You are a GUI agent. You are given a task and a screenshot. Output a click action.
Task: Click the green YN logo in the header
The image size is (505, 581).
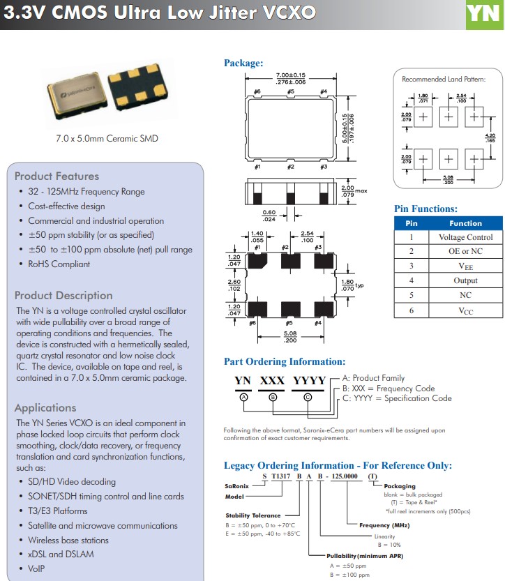coord(484,14)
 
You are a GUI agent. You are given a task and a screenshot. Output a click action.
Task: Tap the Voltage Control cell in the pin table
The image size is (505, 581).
coord(465,237)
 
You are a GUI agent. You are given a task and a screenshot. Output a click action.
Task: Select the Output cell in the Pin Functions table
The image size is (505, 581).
coord(465,280)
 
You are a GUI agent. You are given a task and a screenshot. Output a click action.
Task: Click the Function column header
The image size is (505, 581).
coord(465,223)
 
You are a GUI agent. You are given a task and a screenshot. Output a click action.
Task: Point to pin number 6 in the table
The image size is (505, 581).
coord(412,310)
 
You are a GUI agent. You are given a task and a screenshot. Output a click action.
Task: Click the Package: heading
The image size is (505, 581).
coord(243,63)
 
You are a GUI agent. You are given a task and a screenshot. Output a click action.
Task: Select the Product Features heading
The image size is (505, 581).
coord(56,176)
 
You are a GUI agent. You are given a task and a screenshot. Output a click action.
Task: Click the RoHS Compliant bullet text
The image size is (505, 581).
coord(59,264)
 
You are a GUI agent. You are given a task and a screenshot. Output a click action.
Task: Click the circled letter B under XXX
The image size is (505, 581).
coord(273,397)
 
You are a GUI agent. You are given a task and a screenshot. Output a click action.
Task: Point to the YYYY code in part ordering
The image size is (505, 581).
coord(309,381)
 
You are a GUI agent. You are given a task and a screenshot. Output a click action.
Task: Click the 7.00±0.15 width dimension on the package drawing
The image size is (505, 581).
coord(292,75)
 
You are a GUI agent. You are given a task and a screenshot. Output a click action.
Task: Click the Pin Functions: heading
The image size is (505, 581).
coord(425,209)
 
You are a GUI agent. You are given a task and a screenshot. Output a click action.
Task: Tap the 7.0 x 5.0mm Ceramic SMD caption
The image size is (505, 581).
coord(107,138)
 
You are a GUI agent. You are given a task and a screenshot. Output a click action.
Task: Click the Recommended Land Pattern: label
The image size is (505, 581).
coord(443,80)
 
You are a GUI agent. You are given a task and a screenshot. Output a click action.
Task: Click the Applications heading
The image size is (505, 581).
coord(45,407)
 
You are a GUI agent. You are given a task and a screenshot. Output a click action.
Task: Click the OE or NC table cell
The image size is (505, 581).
coord(465,251)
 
